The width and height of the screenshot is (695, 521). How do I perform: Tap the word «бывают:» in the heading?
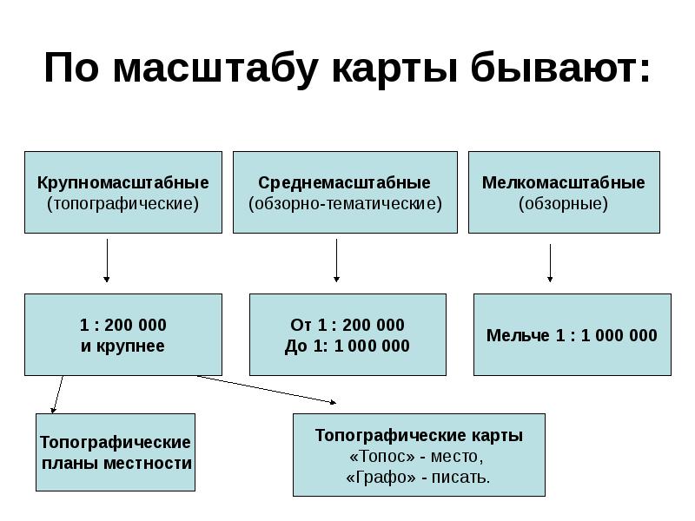coord(560,67)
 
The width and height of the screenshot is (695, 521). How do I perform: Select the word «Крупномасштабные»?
coord(122,183)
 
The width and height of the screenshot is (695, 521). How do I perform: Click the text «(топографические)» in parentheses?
coord(122,204)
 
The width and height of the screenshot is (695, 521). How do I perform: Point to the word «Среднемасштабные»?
coord(344,182)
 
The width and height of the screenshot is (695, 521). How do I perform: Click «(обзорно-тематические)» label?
coord(345,204)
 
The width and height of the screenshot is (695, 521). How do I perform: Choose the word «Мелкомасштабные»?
coord(563,182)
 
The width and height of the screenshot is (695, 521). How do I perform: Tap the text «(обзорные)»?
coord(563,204)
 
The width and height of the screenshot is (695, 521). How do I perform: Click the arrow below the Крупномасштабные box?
coord(106,260)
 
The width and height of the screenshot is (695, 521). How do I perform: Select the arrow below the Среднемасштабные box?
coord(336,260)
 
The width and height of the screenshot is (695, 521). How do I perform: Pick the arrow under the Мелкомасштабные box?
coord(550,263)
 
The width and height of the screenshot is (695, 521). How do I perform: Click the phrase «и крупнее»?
coord(122,346)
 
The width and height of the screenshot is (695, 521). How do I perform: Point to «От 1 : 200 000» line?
coord(347,325)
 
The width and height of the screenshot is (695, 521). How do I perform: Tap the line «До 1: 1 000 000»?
coord(347,346)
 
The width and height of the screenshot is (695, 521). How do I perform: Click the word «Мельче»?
coord(518,335)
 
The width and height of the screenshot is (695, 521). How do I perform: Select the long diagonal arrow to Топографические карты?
coord(267,389)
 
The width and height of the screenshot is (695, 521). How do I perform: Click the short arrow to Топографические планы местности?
coord(57,394)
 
